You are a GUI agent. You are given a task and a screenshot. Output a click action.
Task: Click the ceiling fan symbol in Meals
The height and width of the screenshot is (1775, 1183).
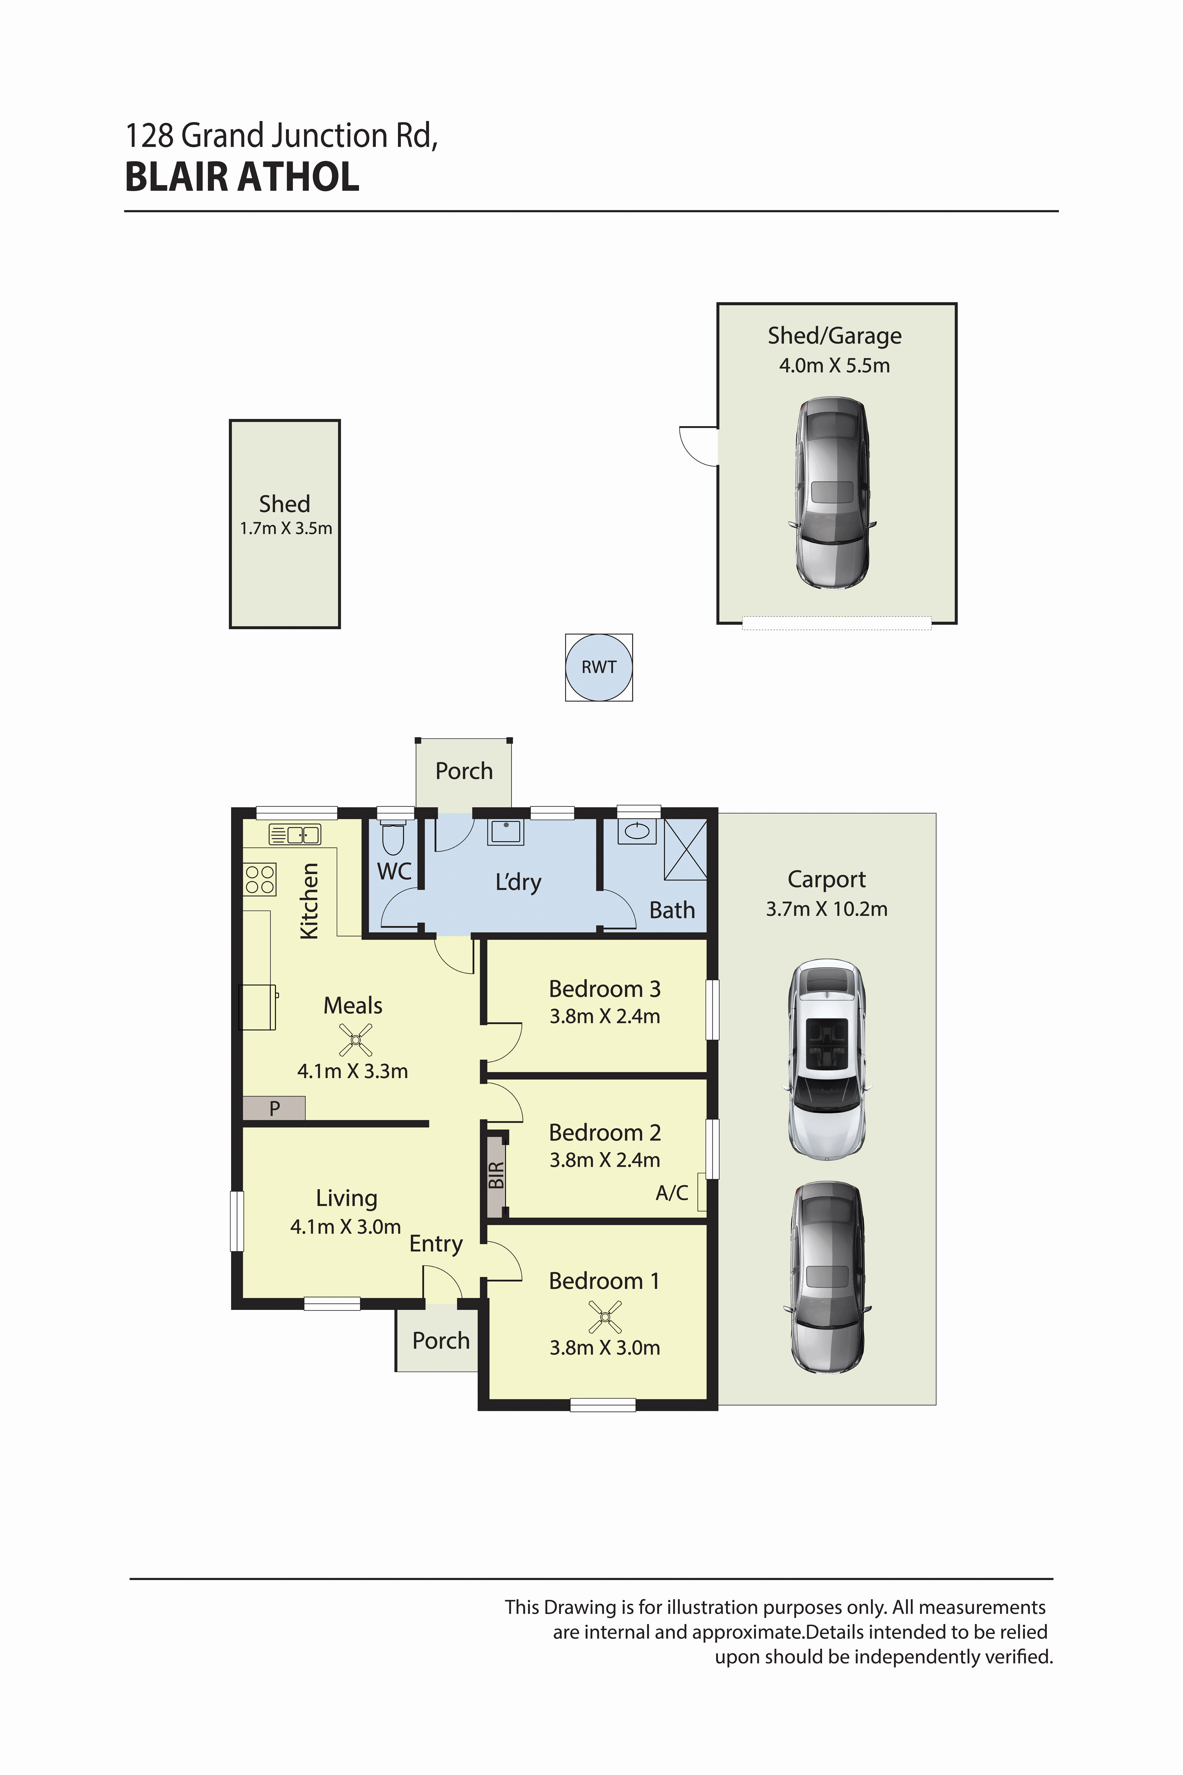tap(355, 1039)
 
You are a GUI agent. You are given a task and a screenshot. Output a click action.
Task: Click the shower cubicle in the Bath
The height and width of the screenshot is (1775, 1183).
tap(685, 849)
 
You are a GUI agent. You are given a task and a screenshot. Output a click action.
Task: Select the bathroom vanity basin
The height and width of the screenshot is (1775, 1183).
tap(638, 831)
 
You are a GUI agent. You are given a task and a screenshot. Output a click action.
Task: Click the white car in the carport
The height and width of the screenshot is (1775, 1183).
tap(827, 1060)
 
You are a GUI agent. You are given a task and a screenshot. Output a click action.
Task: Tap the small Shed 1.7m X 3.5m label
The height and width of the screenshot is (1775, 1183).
tap(285, 515)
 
